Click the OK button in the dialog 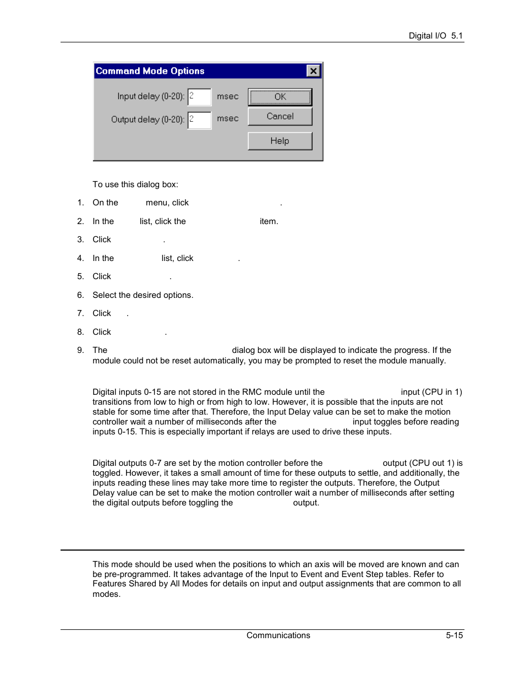(x=280, y=97)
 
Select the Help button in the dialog (x=280, y=141)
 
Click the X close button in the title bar (x=313, y=71)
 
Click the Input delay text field (x=200, y=97)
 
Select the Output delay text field (x=200, y=120)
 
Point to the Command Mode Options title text (x=150, y=71)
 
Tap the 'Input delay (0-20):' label (x=150, y=96)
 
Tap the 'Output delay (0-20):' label (x=147, y=119)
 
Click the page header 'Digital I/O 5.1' (x=435, y=36)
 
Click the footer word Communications (x=278, y=635)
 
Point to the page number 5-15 (x=454, y=635)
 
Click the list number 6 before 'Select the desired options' (x=80, y=295)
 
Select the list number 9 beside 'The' (x=80, y=350)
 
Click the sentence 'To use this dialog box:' (x=135, y=184)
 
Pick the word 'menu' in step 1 (x=157, y=203)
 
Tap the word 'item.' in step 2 (x=269, y=221)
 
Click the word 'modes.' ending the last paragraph (x=106, y=594)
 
